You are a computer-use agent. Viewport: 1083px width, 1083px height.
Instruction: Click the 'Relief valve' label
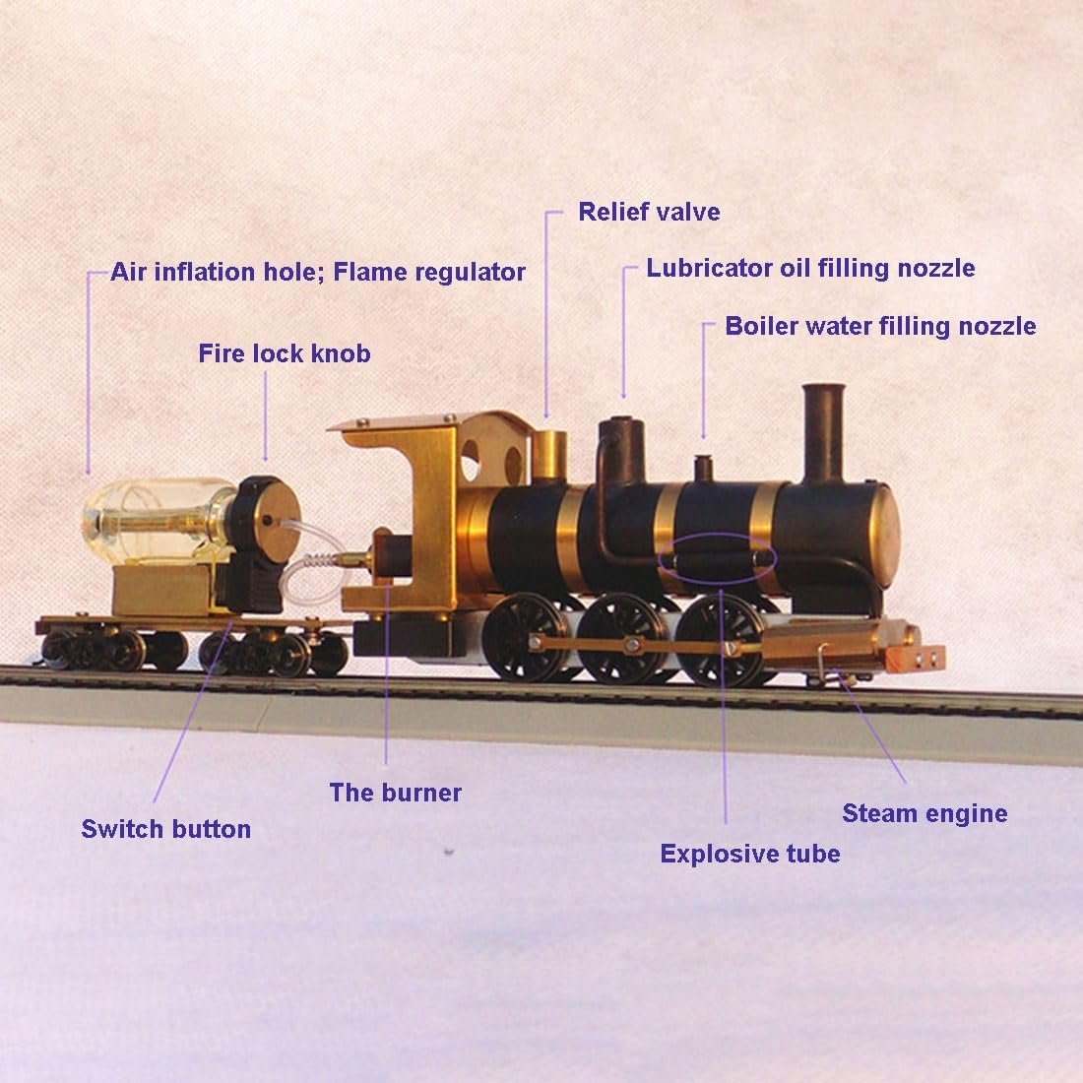click(x=649, y=212)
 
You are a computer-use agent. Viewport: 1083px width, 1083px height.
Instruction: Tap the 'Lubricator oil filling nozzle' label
click(x=810, y=268)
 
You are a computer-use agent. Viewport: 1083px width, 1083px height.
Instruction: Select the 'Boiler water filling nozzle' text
click(x=880, y=326)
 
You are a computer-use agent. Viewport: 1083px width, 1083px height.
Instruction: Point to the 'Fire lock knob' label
click(x=285, y=353)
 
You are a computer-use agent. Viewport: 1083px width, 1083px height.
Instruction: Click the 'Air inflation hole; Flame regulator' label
click(x=317, y=272)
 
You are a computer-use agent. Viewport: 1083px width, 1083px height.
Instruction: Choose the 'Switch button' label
click(x=165, y=829)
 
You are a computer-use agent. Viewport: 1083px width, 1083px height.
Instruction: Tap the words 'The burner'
click(x=395, y=793)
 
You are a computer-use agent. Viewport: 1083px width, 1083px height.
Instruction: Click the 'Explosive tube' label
click(x=750, y=854)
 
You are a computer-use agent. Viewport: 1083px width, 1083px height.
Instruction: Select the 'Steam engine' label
click(x=924, y=813)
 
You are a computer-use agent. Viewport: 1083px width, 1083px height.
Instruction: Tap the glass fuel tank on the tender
click(x=158, y=517)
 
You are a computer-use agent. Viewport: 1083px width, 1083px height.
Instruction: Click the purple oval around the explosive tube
click(x=716, y=558)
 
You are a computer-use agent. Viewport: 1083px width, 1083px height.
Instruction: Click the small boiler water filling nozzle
click(x=703, y=467)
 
